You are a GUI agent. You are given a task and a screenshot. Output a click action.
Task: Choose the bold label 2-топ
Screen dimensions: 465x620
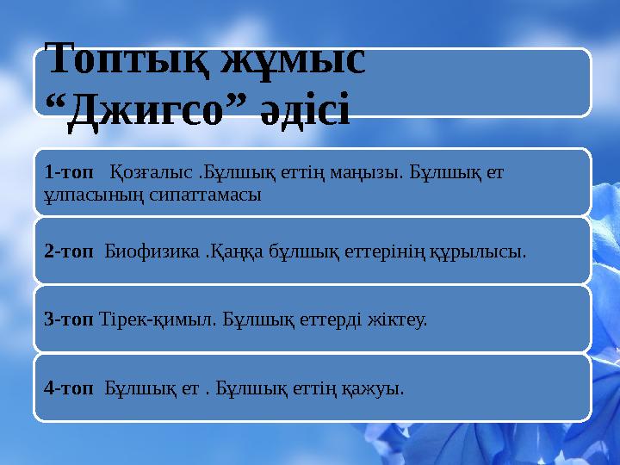[69, 251]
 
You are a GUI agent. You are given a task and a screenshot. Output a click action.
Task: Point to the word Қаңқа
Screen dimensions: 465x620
[229, 251]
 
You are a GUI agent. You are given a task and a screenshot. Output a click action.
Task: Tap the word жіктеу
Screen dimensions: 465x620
[396, 319]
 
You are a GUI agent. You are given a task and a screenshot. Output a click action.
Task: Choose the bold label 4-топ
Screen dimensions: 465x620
[69, 387]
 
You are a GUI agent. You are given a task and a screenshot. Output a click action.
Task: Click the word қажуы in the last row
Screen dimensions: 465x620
[375, 387]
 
